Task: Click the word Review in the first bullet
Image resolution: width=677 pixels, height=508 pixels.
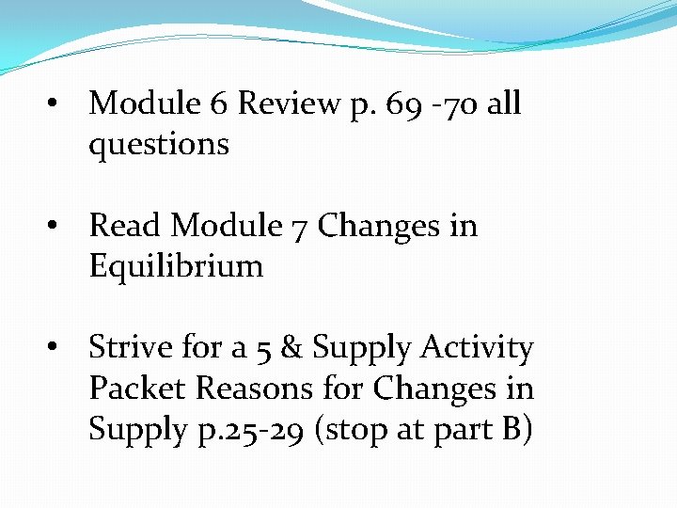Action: click(x=289, y=103)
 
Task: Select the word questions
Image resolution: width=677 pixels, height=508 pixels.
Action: click(x=159, y=146)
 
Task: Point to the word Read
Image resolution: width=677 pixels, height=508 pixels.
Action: click(x=126, y=226)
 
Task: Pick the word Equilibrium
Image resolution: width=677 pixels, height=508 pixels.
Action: click(x=176, y=266)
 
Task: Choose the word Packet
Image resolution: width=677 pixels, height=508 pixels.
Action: click(x=135, y=388)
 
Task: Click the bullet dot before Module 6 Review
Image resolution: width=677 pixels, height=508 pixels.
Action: click(x=58, y=103)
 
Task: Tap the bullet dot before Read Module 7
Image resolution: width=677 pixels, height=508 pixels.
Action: click(x=58, y=226)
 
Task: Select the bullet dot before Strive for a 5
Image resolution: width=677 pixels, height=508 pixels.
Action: click(x=58, y=348)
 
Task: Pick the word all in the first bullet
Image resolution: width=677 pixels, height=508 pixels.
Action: click(x=504, y=103)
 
